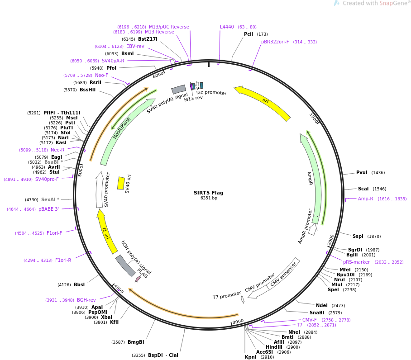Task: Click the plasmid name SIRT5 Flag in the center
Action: [x=208, y=193]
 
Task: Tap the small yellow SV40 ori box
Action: [x=121, y=183]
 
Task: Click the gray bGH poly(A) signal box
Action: [x=125, y=265]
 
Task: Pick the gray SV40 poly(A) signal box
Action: [x=178, y=89]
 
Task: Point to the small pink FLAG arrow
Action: [x=138, y=279]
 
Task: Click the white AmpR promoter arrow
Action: [x=313, y=229]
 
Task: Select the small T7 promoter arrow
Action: [x=243, y=299]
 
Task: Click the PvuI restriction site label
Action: [x=362, y=173]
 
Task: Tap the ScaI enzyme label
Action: [x=363, y=189]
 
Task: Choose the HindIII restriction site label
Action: [x=274, y=347]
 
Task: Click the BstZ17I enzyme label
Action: [x=148, y=39]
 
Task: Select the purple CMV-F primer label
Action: [x=309, y=320]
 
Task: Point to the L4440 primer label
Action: [x=227, y=27]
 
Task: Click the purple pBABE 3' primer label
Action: [x=48, y=209]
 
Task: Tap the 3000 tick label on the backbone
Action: [x=238, y=321]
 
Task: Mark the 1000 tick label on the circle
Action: [x=314, y=118]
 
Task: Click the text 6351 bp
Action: [x=209, y=198]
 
